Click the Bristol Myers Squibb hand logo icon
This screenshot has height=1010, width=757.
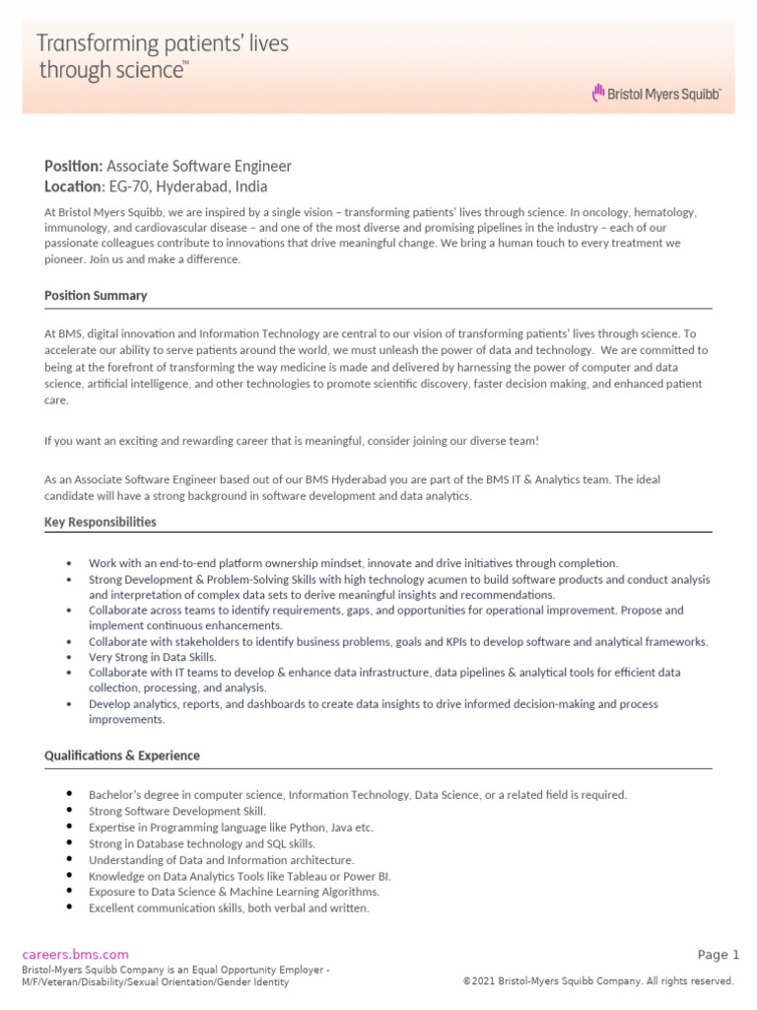pyautogui.click(x=596, y=93)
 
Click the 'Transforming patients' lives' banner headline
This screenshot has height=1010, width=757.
pyautogui.click(x=163, y=44)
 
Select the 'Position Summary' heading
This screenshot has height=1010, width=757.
pyautogui.click(x=96, y=295)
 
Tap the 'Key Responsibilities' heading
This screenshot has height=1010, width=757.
pyautogui.click(x=100, y=522)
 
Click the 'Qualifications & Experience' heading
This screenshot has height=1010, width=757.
pyautogui.click(x=121, y=756)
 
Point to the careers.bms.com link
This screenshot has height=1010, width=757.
pyautogui.click(x=76, y=954)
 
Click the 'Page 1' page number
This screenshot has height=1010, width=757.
pyautogui.click(x=718, y=954)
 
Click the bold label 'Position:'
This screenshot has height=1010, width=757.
pyautogui.click(x=73, y=166)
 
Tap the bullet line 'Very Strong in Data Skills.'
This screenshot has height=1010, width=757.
pyautogui.click(x=152, y=657)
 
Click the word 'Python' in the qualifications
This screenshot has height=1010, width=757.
pyautogui.click(x=261, y=828)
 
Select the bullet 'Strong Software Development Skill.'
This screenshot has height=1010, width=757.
pyautogui.click(x=177, y=811)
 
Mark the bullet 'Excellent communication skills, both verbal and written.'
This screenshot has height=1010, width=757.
pyautogui.click(x=229, y=907)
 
